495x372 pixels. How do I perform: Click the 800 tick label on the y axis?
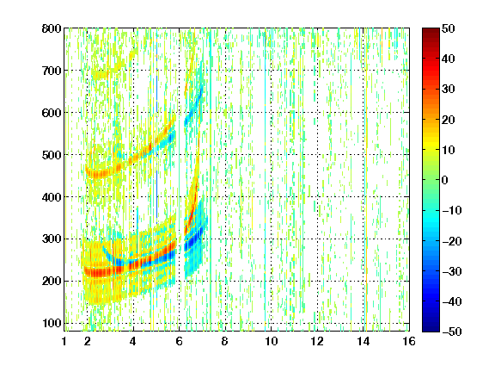click(x=52, y=28)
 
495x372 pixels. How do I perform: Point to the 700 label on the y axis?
click(x=52, y=71)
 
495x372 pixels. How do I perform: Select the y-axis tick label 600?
click(x=52, y=113)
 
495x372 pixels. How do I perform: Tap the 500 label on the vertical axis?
click(x=52, y=155)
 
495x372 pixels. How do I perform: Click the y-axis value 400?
click(x=52, y=197)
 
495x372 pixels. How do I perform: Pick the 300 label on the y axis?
click(x=52, y=239)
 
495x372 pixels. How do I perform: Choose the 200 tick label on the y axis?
click(x=52, y=281)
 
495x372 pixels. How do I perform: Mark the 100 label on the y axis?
click(x=52, y=323)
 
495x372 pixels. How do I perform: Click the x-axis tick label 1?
click(x=64, y=341)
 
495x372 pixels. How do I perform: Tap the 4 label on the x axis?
click(x=133, y=341)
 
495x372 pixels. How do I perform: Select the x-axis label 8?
click(x=225, y=341)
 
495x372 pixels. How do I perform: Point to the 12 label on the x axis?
click(x=317, y=341)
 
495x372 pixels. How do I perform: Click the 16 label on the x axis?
click(x=409, y=341)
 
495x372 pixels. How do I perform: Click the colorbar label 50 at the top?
click(x=448, y=28)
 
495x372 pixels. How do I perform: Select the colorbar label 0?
click(x=445, y=180)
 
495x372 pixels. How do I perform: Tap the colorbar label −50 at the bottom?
click(x=452, y=332)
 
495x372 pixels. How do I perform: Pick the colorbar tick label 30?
click(x=448, y=90)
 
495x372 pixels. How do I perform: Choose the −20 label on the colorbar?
click(x=452, y=241)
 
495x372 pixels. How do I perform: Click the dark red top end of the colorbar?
click(x=431, y=31)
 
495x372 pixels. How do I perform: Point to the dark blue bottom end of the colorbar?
click(x=431, y=329)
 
